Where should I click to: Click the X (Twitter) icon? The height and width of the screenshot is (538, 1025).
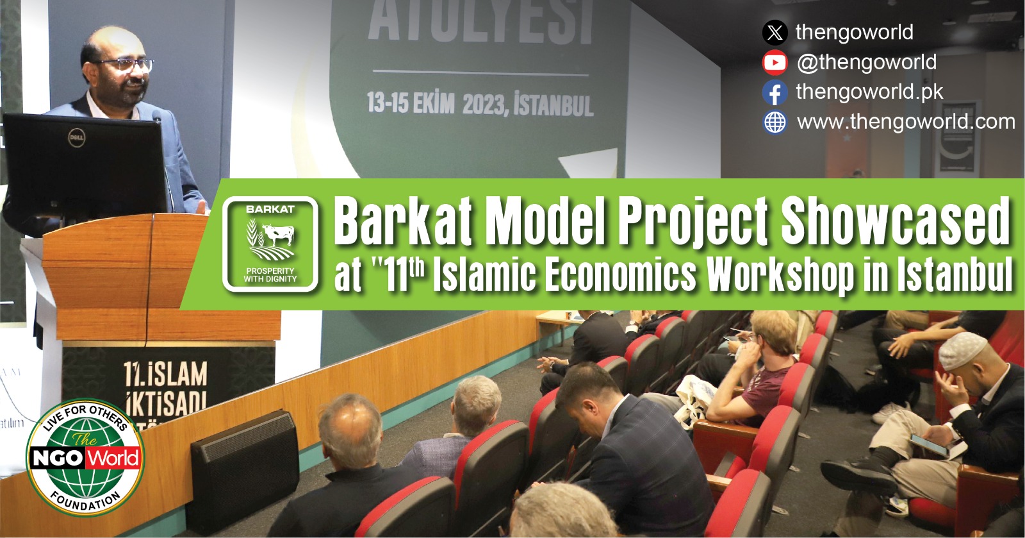(775, 32)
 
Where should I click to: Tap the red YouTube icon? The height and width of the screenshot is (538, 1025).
(775, 62)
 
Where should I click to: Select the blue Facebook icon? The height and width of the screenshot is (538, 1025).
(775, 92)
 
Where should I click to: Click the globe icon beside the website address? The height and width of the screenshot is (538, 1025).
(775, 122)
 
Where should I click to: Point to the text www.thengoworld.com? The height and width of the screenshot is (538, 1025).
(906, 121)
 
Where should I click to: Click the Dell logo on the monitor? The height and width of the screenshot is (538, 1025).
(77, 137)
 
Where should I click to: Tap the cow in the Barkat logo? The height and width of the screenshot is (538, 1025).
(277, 235)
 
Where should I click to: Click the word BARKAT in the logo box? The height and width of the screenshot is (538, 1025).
(270, 210)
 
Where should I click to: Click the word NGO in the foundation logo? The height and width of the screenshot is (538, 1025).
(58, 458)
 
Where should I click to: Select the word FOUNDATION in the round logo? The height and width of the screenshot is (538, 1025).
(85, 503)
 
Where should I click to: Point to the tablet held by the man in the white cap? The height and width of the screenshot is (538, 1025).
(930, 445)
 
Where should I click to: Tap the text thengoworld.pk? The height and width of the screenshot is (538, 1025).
(869, 92)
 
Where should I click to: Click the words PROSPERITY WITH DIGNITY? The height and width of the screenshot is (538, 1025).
(270, 275)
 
